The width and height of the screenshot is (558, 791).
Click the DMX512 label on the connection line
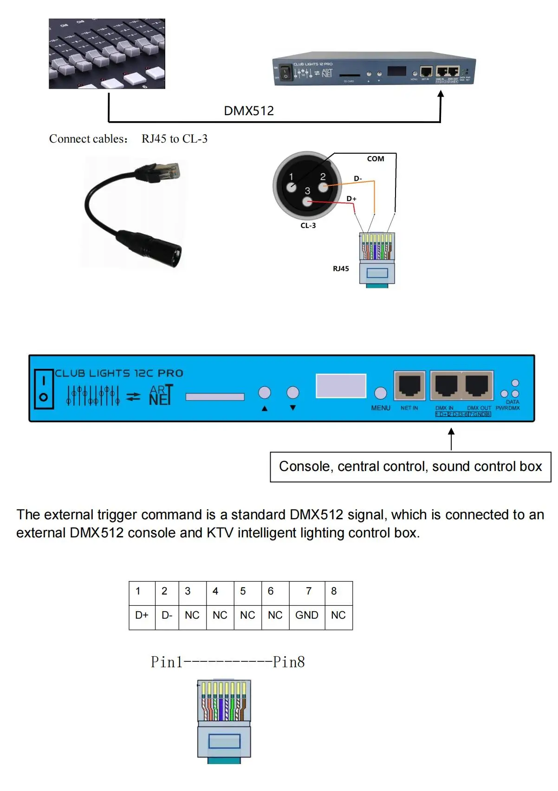(x=249, y=111)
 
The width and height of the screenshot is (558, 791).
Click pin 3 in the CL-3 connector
(x=307, y=201)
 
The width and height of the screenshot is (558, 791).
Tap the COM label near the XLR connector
(x=376, y=159)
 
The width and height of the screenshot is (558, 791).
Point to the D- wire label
(x=357, y=178)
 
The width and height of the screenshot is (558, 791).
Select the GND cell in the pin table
(x=307, y=615)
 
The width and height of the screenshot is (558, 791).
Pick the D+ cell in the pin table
(x=142, y=615)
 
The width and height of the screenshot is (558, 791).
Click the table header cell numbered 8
(x=334, y=591)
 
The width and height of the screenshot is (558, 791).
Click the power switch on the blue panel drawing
(x=44, y=389)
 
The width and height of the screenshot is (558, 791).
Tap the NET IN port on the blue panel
(x=409, y=386)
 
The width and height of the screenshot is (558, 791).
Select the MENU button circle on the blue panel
(x=381, y=393)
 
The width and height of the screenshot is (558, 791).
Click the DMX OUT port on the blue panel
(x=477, y=385)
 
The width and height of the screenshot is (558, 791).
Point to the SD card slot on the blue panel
(x=215, y=397)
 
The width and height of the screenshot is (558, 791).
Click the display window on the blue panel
(x=341, y=386)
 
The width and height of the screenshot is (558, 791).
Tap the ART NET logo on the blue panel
(x=161, y=395)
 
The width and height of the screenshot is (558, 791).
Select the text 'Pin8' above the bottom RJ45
(x=289, y=662)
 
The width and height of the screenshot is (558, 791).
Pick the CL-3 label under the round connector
(x=308, y=226)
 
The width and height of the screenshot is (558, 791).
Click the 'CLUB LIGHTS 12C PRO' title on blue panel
(x=119, y=373)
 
